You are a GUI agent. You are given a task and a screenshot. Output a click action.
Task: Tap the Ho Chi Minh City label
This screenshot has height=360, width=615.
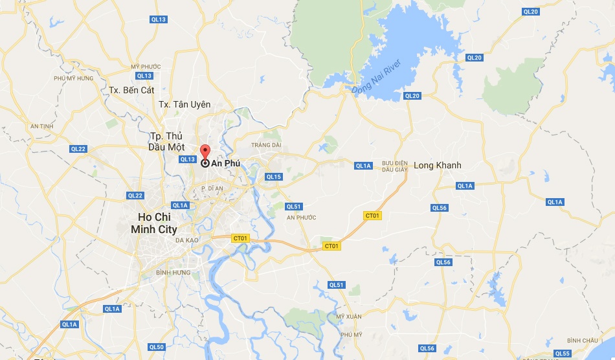point(153,223)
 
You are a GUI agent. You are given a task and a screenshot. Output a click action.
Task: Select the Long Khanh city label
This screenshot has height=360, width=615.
point(438,165)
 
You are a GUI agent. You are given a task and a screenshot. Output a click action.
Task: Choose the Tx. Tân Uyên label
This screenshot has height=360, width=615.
point(184,104)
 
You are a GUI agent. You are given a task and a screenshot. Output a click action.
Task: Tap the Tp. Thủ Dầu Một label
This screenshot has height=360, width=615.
point(167,141)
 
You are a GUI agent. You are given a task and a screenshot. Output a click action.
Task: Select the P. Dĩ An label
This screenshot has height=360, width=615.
point(212,188)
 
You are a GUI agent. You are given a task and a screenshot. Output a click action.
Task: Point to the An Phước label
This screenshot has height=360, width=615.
point(302,217)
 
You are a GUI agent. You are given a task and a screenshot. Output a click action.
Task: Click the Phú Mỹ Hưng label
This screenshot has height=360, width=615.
point(74,78)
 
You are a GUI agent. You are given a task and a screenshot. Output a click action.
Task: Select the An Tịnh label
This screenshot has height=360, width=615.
point(41,126)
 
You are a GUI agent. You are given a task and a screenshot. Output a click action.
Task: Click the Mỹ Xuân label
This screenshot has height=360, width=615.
point(348,316)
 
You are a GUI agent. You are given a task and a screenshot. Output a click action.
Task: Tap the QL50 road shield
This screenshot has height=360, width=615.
point(156,347)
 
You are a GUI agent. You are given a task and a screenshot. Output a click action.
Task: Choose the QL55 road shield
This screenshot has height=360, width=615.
point(562,353)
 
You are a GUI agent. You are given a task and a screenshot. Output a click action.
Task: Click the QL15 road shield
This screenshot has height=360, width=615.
point(274,177)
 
